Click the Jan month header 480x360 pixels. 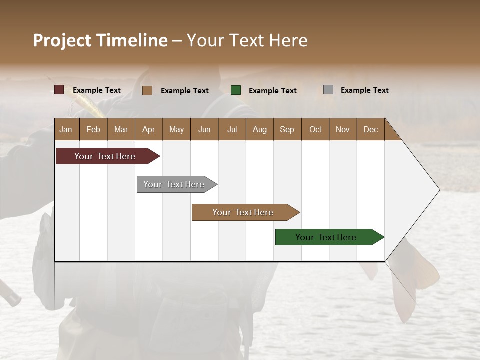click(66, 129)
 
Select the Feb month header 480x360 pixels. click(93, 129)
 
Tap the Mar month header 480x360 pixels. click(121, 129)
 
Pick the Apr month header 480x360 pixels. click(148, 129)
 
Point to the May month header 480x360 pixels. click(176, 129)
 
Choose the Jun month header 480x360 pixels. click(204, 129)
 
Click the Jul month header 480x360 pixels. click(232, 129)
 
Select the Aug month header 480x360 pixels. click(259, 129)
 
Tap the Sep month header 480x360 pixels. click(287, 129)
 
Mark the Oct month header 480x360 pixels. click(315, 129)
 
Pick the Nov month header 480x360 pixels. click(342, 129)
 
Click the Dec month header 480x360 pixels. click(370, 129)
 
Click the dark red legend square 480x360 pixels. click(59, 90)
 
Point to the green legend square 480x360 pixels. click(236, 90)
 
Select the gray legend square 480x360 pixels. click(328, 90)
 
